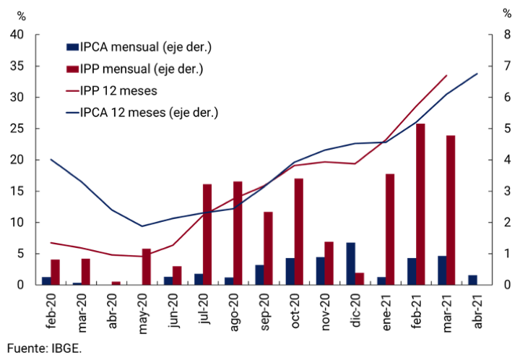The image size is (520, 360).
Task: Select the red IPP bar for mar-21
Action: click(451, 210)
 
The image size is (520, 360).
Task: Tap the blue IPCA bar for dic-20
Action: click(351, 263)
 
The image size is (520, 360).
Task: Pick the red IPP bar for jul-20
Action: click(207, 234)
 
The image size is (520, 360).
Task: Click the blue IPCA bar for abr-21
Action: click(472, 280)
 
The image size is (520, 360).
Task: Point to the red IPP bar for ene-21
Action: click(390, 229)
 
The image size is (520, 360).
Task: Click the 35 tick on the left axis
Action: click(18, 66)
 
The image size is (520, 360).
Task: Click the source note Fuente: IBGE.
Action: click(45, 348)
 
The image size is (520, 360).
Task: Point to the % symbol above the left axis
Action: click(22, 14)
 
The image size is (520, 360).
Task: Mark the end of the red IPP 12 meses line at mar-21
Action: click(447, 75)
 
